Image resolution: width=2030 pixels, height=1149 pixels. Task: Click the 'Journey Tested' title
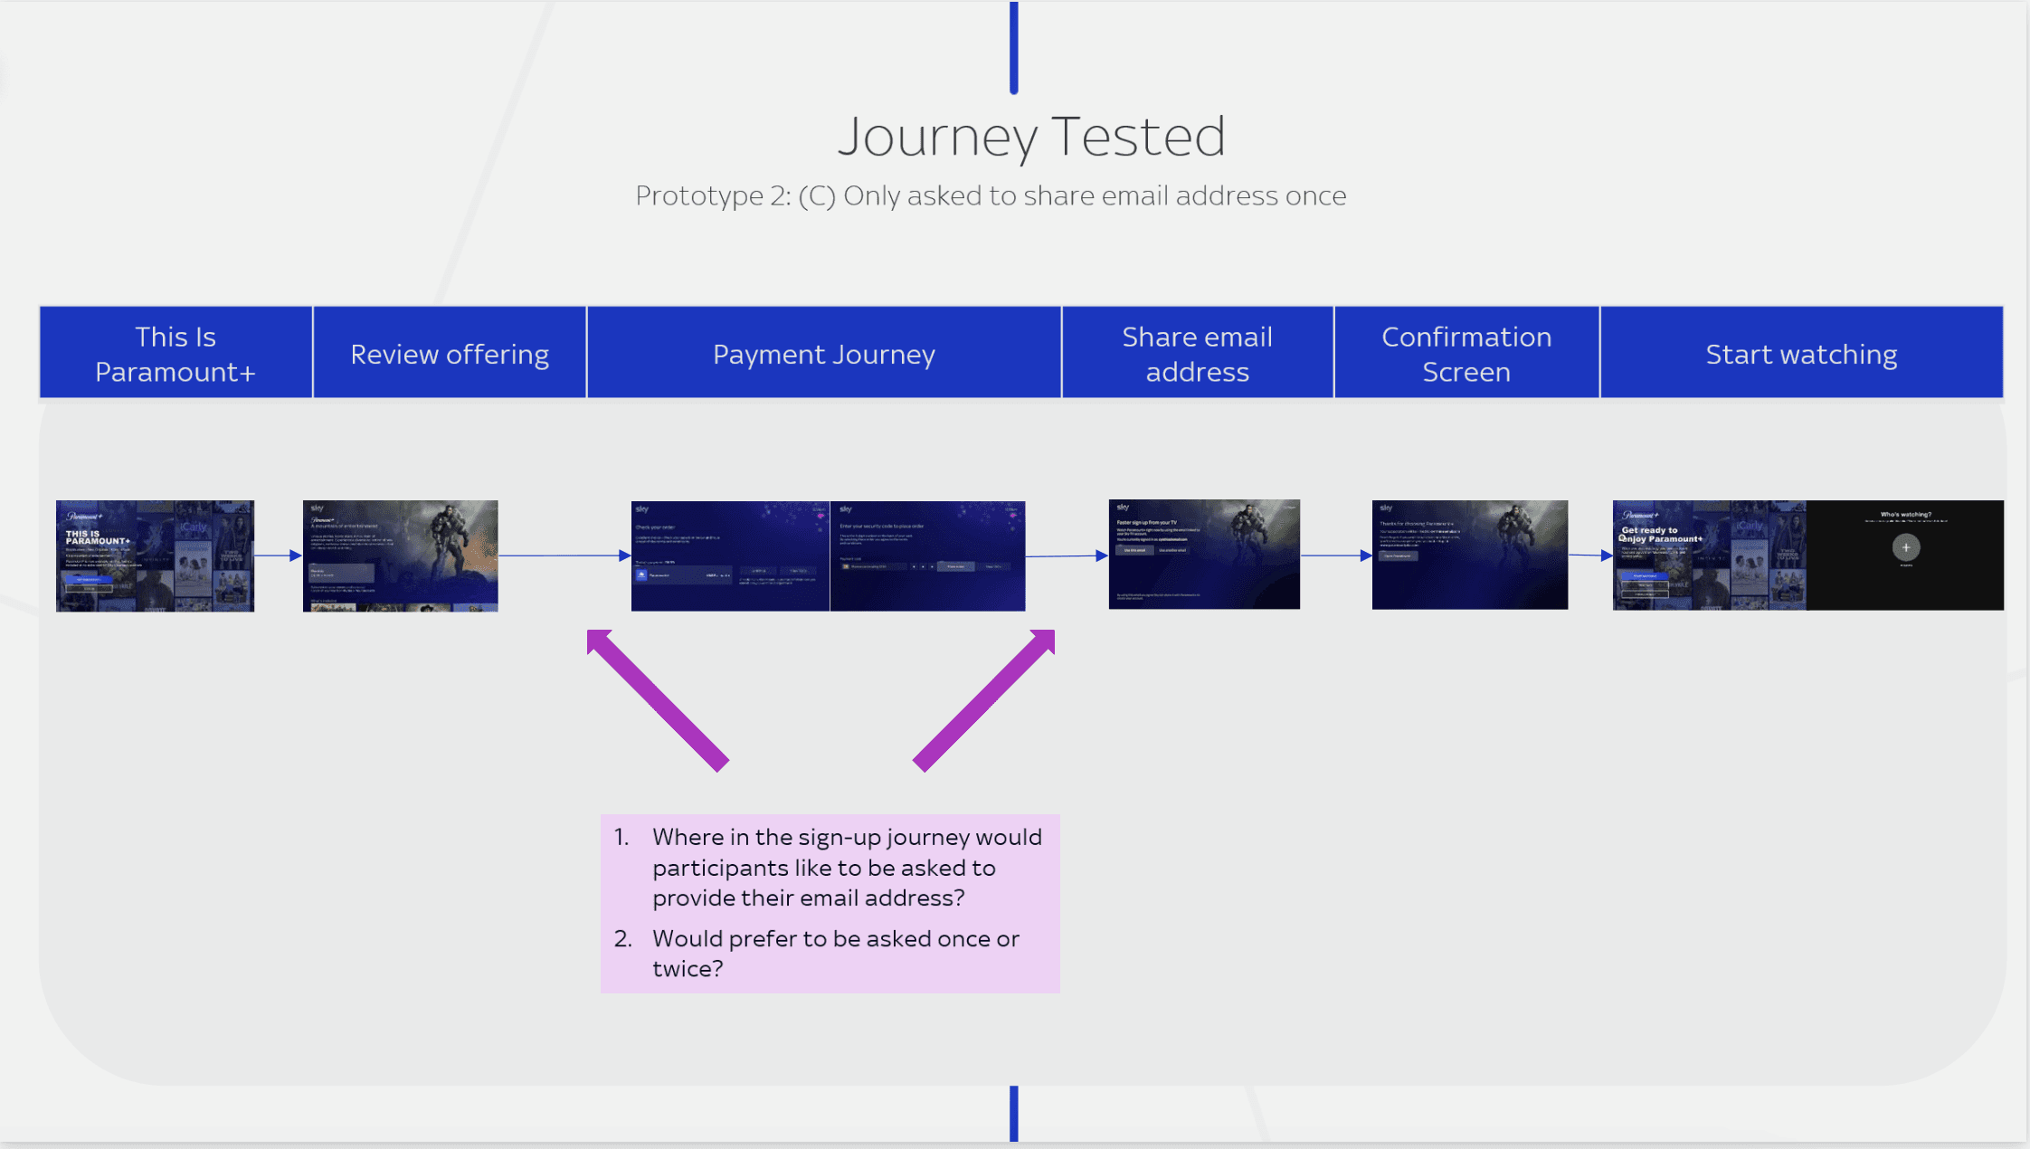coord(1031,138)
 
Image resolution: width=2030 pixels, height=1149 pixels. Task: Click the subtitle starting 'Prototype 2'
coord(991,195)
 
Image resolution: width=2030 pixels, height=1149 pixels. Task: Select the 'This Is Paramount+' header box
coord(175,354)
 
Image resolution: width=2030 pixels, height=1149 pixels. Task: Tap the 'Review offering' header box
coord(450,354)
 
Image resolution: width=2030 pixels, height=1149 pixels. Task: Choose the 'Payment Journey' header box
coord(823,354)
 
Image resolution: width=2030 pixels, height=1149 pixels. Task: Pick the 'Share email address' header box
coord(1197,354)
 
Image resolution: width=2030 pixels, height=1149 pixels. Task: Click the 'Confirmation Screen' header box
coord(1466,354)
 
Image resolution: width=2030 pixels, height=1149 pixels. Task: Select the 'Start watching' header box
coord(1800,354)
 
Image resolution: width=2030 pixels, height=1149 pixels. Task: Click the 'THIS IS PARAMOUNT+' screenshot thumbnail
coord(155,556)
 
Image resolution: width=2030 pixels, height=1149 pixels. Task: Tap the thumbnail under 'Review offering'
coord(400,556)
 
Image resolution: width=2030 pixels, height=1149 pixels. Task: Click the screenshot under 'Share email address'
coord(1204,554)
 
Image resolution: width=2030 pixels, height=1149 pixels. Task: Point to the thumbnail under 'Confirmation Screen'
coord(1469,555)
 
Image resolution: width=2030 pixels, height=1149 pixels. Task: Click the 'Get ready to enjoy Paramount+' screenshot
coord(1709,555)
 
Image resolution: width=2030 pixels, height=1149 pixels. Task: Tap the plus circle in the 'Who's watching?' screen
coord(1905,547)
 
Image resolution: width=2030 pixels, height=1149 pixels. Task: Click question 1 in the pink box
coord(846,867)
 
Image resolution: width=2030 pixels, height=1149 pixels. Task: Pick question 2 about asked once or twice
coord(835,953)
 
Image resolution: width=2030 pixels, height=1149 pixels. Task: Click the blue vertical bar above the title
coord(1014,47)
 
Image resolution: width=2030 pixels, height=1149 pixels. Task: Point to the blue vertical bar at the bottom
coord(1014,1113)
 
